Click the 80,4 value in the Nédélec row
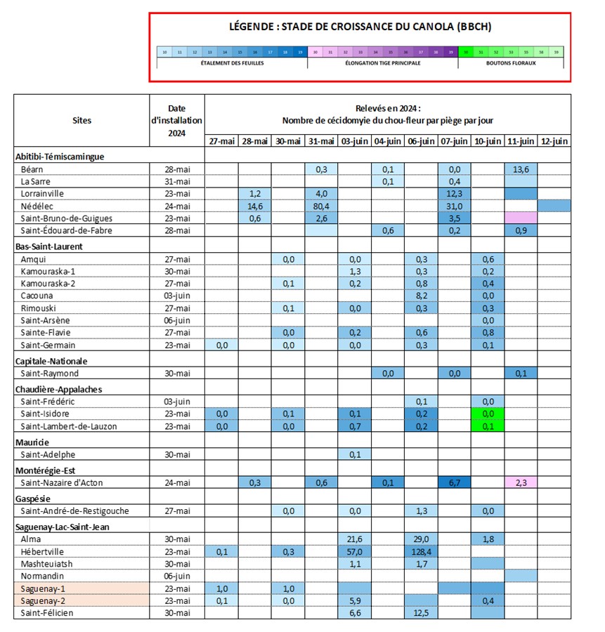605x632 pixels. pos(323,206)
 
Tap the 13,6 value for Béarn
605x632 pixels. pos(521,169)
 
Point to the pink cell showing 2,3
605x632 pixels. pos(521,482)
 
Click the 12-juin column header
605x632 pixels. pos(554,141)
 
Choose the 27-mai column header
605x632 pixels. pos(221,141)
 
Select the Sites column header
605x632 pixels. pos(82,120)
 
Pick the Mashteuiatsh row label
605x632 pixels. pos(47,564)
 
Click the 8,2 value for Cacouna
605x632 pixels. pos(422,296)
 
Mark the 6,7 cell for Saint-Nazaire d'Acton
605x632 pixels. pos(455,482)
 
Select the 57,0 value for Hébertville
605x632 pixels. pos(355,551)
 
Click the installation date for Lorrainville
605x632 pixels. pos(176,193)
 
